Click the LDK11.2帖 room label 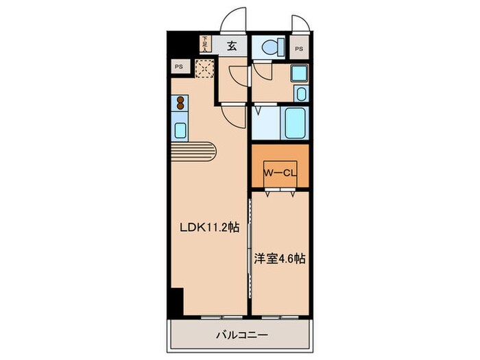click(x=210, y=228)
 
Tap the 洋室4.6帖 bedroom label click(x=280, y=259)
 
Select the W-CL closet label click(x=280, y=173)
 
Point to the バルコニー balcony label click(x=242, y=335)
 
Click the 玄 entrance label click(x=232, y=46)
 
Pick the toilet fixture click(x=272, y=47)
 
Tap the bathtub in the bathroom click(x=295, y=123)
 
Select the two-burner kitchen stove click(x=180, y=103)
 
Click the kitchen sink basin click(x=180, y=130)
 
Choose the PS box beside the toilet click(x=299, y=49)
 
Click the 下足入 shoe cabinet click(x=205, y=44)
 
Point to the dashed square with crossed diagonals click(x=204, y=69)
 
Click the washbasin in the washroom click(x=301, y=93)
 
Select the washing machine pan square click(x=299, y=73)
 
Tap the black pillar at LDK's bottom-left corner click(x=177, y=302)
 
